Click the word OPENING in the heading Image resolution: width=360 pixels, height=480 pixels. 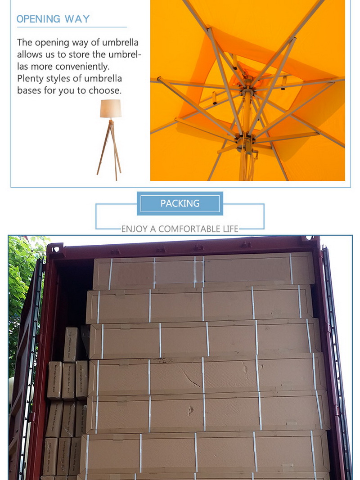pyautogui.click(x=38, y=19)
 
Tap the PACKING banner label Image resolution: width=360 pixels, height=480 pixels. pyautogui.click(x=180, y=203)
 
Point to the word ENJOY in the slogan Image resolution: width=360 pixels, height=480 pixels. pyautogui.click(x=135, y=229)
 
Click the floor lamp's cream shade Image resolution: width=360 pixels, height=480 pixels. pyautogui.click(x=111, y=108)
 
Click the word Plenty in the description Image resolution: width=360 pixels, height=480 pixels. pyautogui.click(x=31, y=79)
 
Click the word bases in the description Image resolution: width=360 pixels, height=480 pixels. pyautogui.click(x=30, y=90)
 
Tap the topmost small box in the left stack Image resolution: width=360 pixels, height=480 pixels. pyautogui.click(x=72, y=344)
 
